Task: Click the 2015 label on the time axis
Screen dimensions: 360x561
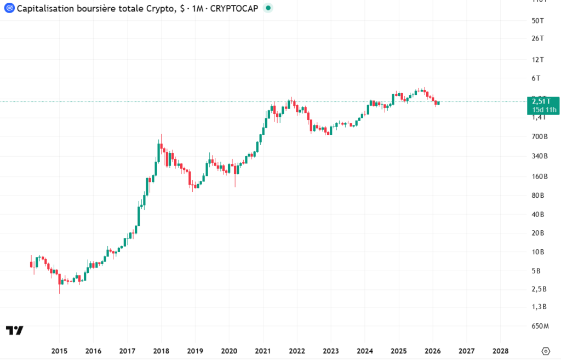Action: coord(59,351)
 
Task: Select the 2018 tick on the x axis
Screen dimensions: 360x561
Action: coord(161,351)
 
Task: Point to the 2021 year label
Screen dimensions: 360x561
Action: coord(263,351)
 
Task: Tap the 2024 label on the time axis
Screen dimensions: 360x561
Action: coord(365,351)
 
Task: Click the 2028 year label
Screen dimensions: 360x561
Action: coord(500,351)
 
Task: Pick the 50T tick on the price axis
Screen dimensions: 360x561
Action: coord(537,21)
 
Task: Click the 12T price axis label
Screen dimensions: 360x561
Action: coord(537,59)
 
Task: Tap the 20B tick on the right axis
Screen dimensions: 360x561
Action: coord(537,233)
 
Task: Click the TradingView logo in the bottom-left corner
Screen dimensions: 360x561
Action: coord(15,330)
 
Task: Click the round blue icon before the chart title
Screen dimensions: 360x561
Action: coord(9,9)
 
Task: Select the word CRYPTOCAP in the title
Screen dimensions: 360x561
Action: coord(234,9)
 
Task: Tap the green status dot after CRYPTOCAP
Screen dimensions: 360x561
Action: coord(268,9)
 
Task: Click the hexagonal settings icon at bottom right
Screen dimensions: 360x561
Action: coord(545,351)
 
